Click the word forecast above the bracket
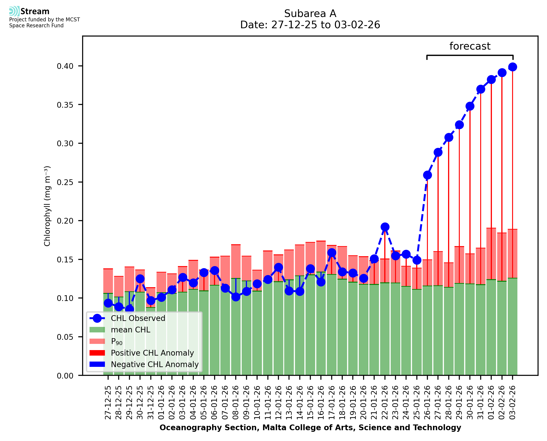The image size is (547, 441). pos(470,46)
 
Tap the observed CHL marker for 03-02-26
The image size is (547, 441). pos(513,67)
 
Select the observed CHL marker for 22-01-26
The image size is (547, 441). pos(385,227)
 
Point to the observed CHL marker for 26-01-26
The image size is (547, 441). pos(427,175)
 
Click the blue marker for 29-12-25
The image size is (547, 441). pos(129,309)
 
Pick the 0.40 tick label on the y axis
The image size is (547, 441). pos(65,66)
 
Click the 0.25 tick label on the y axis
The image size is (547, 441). pos(65,183)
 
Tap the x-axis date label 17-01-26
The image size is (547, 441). pos(332,403)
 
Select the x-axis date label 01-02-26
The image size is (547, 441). pos(491,403)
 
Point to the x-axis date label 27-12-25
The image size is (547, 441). pos(108,403)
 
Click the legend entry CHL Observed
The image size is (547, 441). pos(138,318)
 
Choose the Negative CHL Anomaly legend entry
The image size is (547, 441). pos(154,364)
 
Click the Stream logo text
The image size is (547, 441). pos(35,11)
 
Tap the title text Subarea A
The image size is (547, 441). pos(310,14)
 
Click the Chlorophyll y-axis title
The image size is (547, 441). pos(47,206)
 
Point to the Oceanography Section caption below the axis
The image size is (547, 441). pos(310,427)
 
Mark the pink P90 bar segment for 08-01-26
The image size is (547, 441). pos(236,262)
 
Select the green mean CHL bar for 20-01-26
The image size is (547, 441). pos(363,330)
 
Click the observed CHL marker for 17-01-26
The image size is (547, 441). pos(332,253)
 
